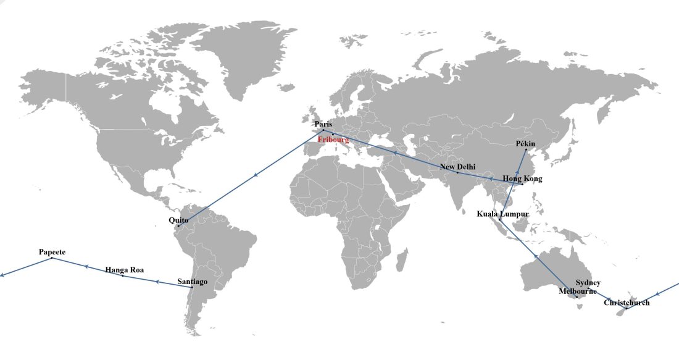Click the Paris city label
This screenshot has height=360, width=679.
(x=323, y=124)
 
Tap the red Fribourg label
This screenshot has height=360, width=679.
(x=333, y=140)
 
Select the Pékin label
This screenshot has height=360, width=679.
(x=525, y=144)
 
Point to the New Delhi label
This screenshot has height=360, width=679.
(x=457, y=167)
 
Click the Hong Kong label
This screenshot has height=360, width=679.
(x=522, y=179)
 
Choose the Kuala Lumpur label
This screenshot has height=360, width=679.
(x=503, y=214)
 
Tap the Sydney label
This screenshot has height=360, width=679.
(x=588, y=283)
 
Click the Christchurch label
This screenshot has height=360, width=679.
(x=627, y=303)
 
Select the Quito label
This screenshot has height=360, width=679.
(x=178, y=220)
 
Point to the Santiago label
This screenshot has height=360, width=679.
(x=193, y=282)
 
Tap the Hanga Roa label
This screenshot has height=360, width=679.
(x=124, y=270)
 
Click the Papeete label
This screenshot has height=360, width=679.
(x=52, y=252)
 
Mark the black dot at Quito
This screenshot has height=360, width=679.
(x=178, y=227)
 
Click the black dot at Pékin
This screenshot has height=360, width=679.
(x=526, y=150)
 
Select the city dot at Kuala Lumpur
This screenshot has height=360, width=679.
(x=499, y=220)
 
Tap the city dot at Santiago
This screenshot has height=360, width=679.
(x=192, y=288)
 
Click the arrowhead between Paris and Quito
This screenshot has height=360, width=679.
(x=254, y=177)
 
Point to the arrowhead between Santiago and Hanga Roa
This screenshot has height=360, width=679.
(x=158, y=282)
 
